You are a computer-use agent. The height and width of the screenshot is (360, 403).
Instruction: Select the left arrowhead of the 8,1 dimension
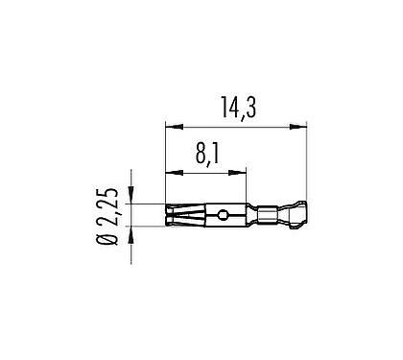[171, 174]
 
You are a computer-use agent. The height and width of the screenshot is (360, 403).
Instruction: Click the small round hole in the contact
[223, 214]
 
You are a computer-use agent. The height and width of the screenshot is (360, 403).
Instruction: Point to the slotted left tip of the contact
[175, 214]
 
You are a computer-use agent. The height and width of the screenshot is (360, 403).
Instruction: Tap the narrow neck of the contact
[252, 214]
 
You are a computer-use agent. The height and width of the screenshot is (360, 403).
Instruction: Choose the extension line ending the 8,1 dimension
[247, 187]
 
